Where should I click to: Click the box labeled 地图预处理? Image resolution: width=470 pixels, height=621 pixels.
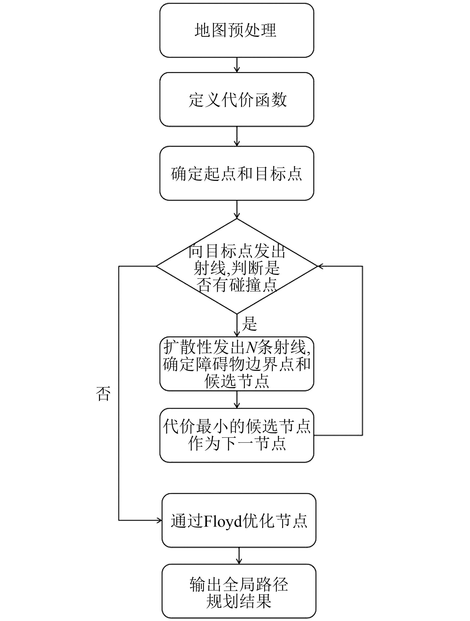pyautogui.click(x=236, y=30)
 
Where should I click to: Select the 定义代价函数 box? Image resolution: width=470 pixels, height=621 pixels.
pyautogui.click(x=236, y=100)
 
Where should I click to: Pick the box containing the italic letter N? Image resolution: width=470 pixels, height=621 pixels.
pyautogui.click(x=236, y=364)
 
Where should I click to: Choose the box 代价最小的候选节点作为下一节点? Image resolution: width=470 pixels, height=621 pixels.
pyautogui.click(x=236, y=435)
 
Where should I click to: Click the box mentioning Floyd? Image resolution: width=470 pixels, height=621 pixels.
pyautogui.click(x=239, y=521)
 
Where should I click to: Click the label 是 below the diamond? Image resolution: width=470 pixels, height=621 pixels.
pyautogui.click(x=249, y=324)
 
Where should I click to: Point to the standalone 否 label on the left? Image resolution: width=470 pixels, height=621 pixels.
pyautogui.click(x=103, y=394)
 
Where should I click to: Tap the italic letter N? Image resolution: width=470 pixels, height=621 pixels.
pyautogui.click(x=251, y=347)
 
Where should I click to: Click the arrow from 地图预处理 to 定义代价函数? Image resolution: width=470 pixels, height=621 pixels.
pyautogui.click(x=237, y=65)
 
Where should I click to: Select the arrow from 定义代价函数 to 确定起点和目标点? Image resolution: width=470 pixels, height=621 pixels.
pyautogui.click(x=237, y=136)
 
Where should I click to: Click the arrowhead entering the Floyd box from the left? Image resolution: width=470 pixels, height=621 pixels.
pyautogui.click(x=159, y=520)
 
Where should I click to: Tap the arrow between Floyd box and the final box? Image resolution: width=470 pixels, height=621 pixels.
pyautogui.click(x=239, y=556)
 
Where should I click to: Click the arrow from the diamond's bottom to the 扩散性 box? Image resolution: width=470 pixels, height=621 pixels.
pyautogui.click(x=237, y=326)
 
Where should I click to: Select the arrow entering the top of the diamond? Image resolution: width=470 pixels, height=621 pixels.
pyautogui.click(x=237, y=210)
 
